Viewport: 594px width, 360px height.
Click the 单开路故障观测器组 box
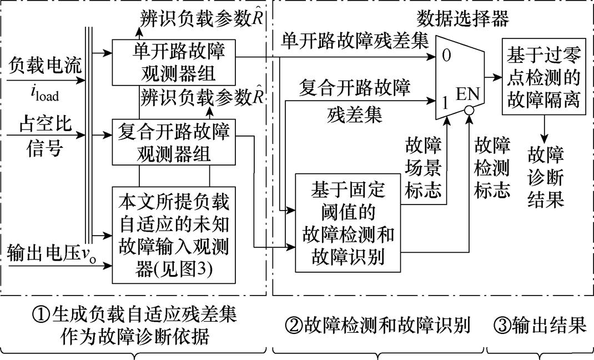(x=174, y=63)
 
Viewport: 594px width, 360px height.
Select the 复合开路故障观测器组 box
(x=174, y=142)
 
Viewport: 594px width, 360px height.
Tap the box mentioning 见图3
(x=174, y=234)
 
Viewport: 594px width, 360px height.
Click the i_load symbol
(x=42, y=94)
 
